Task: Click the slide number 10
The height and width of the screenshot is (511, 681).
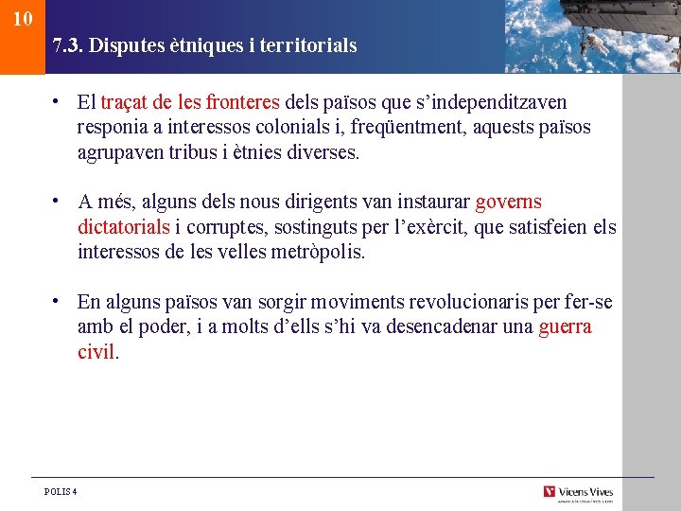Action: click(23, 18)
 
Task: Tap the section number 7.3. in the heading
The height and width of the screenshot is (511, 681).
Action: click(68, 45)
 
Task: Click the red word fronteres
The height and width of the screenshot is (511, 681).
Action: click(242, 102)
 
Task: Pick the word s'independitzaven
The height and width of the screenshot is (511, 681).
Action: click(500, 102)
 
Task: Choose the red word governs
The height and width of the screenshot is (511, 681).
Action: click(508, 203)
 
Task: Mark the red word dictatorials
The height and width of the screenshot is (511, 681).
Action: click(123, 228)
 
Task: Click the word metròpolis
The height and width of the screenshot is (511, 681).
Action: click(317, 254)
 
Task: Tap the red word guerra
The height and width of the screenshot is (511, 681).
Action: click(565, 327)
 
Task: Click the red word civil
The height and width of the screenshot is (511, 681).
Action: click(96, 353)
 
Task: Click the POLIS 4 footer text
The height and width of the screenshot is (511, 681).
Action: click(61, 491)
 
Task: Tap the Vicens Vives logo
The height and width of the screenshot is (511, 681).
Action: click(578, 492)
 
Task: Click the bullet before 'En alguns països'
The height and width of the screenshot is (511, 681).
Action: click(58, 301)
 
